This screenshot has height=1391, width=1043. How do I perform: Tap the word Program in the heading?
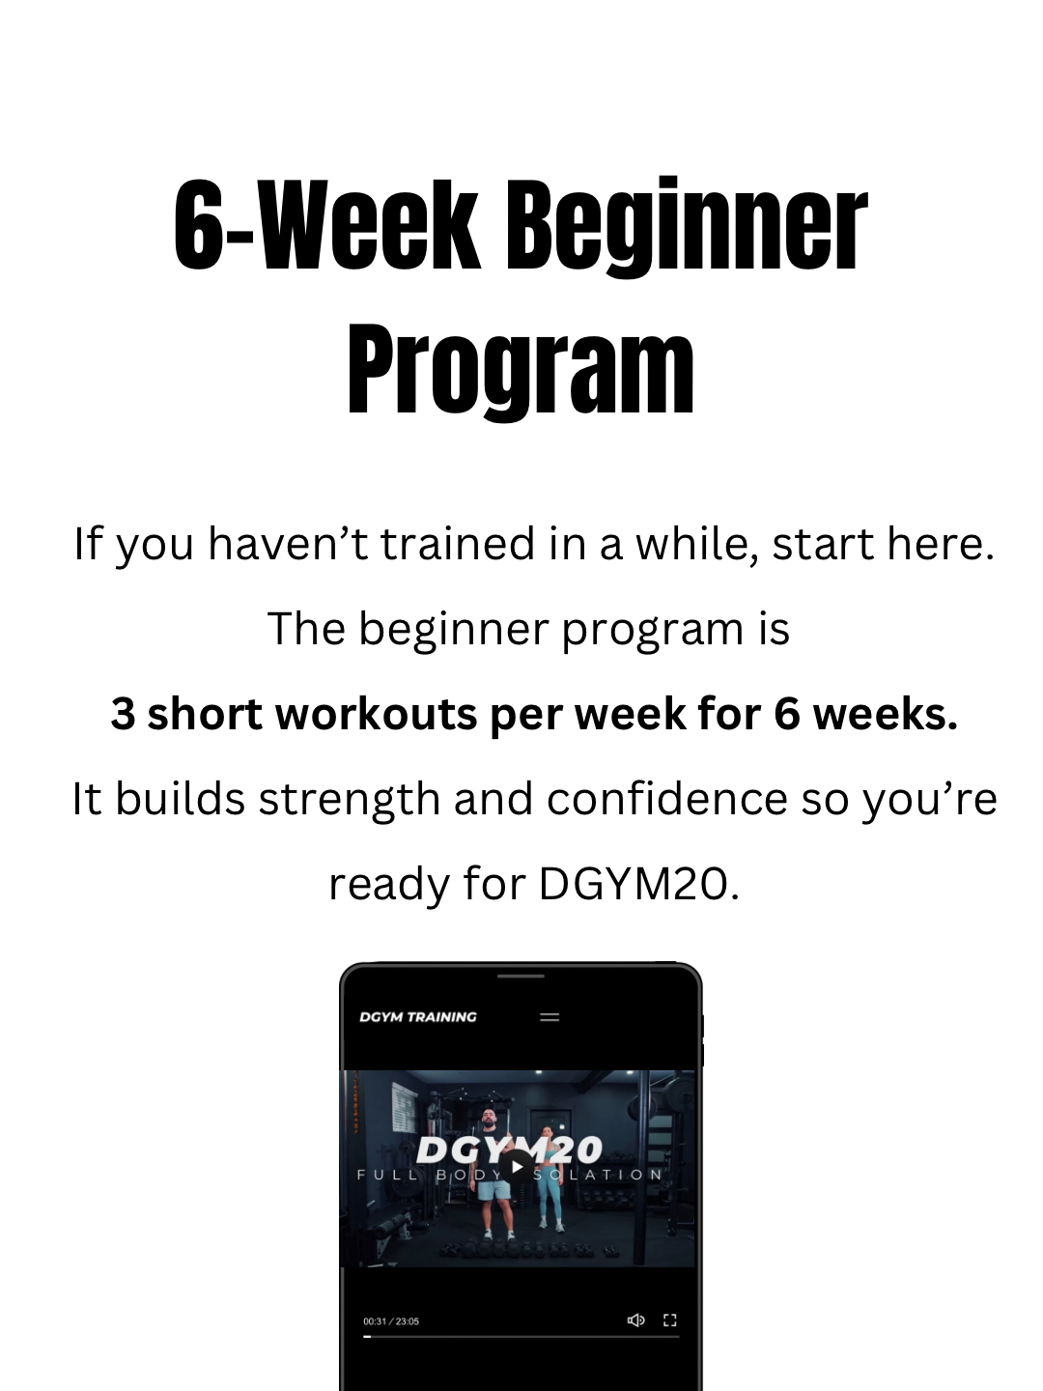[521, 371]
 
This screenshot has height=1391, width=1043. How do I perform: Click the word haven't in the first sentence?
[289, 544]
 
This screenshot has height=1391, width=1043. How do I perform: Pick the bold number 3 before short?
[123, 714]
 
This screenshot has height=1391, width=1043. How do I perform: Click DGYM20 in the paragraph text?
[638, 884]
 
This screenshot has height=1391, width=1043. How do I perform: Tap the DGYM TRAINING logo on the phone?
[418, 1016]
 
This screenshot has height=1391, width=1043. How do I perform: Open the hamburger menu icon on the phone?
[550, 1017]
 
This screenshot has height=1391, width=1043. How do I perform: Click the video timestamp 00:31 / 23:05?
[391, 1320]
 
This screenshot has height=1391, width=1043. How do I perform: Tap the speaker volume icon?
[635, 1320]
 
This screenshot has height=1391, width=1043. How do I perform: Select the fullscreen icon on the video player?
[670, 1320]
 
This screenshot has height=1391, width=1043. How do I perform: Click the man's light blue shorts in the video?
[493, 1190]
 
